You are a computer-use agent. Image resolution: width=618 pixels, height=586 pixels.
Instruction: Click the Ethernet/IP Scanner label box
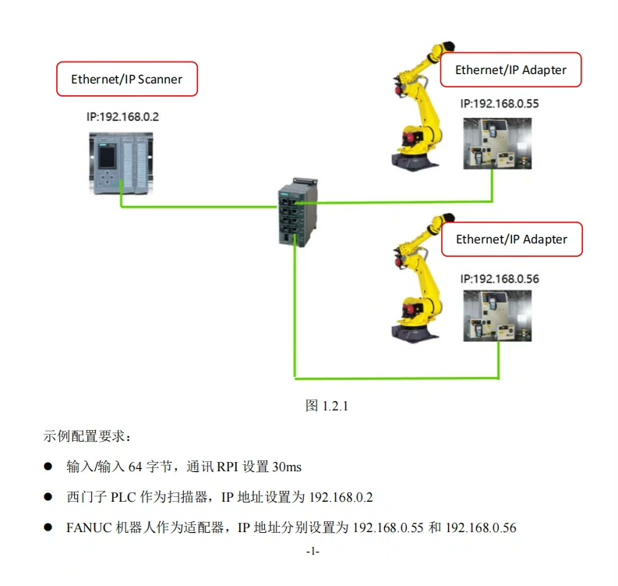pos(126,79)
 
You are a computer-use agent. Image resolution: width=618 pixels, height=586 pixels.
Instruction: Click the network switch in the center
pos(296,212)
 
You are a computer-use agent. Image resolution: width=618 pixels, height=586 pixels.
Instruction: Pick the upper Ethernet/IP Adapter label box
pos(510,69)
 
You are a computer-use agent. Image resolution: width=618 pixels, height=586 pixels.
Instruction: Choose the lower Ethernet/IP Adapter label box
pos(511,239)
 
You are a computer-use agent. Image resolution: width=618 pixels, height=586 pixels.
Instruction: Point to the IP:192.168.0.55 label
pos(500,103)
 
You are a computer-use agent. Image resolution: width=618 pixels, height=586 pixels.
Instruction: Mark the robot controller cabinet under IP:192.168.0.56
pos(496,316)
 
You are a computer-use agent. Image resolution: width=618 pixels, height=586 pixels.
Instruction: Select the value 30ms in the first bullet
pos(286,467)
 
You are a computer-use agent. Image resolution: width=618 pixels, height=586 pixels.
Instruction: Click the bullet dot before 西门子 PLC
pos(48,497)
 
